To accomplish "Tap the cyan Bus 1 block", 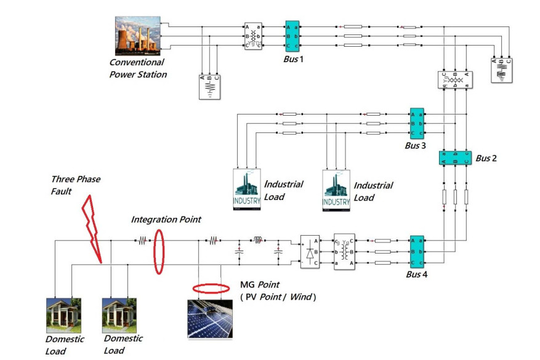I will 292,38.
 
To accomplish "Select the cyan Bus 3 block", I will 417,124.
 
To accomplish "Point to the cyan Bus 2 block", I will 456,157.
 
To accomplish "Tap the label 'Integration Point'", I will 166,219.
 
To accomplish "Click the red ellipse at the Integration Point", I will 159,250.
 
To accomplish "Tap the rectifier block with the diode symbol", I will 310,252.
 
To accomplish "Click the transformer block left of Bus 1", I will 254,37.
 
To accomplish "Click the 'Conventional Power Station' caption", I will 137,68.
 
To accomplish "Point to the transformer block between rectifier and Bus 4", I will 344,251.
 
